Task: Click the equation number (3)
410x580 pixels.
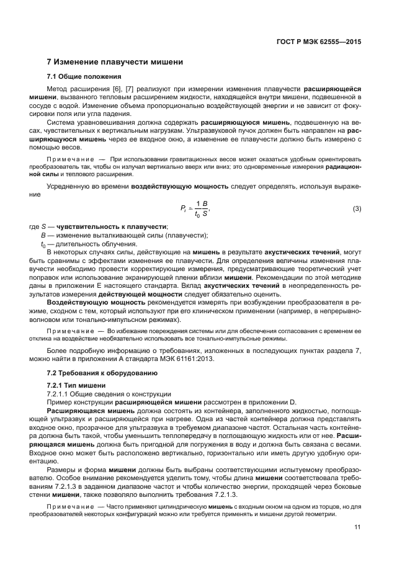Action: (357, 209)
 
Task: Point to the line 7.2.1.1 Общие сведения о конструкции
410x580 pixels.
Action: (100, 394)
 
